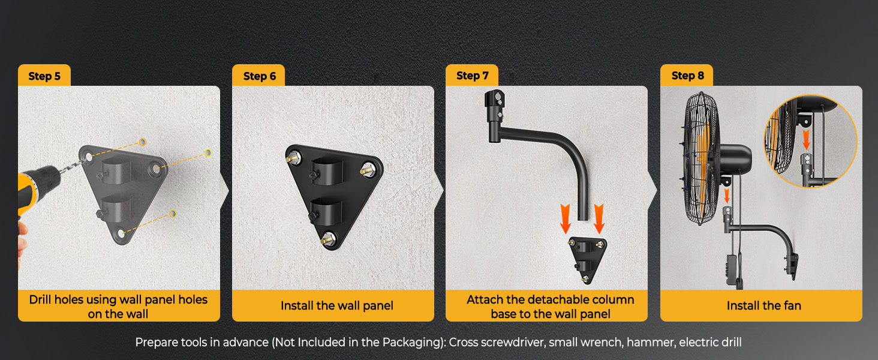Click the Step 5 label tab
tap(44, 75)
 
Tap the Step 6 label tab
tap(258, 75)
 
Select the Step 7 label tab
tap(472, 75)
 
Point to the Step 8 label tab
tap(687, 75)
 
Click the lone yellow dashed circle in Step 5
tap(208, 152)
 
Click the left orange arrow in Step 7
tap(565, 219)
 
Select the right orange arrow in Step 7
tap(599, 219)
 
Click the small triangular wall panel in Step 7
tap(587, 259)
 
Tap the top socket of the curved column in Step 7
tap(495, 104)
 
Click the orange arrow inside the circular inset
tap(806, 140)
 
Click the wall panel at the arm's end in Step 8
tap(792, 266)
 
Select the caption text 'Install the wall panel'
tap(336, 305)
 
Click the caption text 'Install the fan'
tap(763, 305)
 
